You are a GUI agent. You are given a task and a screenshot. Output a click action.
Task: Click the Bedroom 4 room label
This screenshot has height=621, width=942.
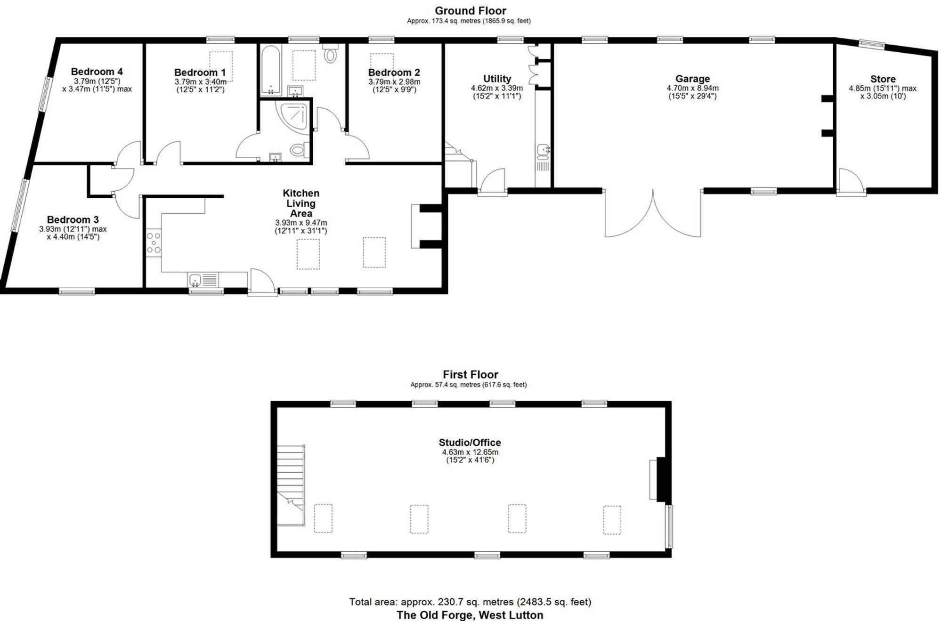[97, 72]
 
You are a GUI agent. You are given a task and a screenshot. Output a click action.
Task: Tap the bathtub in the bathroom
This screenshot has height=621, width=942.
[270, 71]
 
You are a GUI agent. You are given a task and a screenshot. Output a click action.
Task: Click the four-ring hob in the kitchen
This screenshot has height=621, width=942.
[154, 243]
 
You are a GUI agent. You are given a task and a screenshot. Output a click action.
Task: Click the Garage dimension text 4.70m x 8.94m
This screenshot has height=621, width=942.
[692, 88]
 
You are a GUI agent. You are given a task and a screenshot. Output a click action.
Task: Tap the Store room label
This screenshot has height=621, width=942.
[883, 79]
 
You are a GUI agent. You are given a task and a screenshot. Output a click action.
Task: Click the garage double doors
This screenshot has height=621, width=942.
[653, 214]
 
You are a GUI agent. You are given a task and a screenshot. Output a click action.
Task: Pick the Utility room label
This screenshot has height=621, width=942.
[497, 79]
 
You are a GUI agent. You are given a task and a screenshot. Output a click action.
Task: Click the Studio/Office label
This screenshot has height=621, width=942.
[470, 443]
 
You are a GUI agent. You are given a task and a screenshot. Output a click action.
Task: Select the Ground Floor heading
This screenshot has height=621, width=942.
[470, 10]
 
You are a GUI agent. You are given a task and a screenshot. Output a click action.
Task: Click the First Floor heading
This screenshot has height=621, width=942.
[470, 374]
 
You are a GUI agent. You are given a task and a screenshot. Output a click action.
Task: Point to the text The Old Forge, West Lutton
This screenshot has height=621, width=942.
[470, 615]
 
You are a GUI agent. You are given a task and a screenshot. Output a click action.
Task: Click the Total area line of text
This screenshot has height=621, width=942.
[470, 602]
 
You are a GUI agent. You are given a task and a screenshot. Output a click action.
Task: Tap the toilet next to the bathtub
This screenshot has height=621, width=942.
[331, 54]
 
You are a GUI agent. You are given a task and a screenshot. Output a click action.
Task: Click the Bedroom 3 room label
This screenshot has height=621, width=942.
[73, 219]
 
